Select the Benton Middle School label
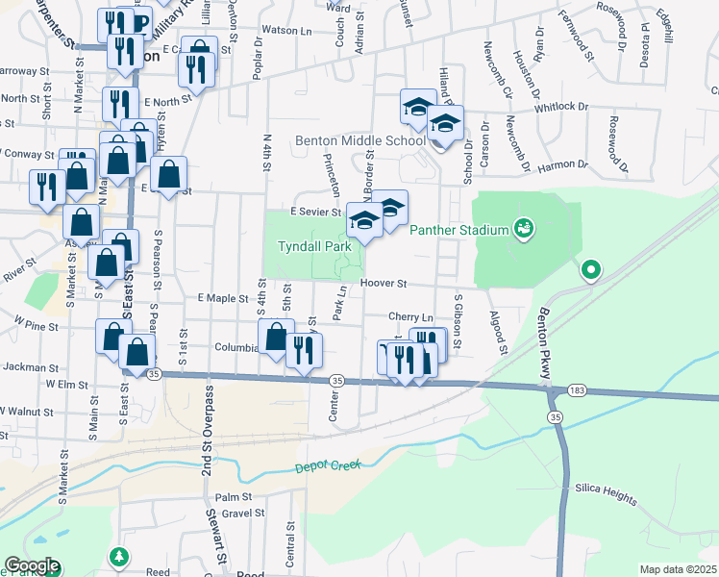point(359,140)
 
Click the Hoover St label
point(385,284)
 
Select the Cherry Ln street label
point(411,316)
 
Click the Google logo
point(32,566)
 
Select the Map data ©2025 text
point(678,569)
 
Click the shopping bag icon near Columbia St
point(277,337)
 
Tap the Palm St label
point(233,497)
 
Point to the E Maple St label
point(223,299)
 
